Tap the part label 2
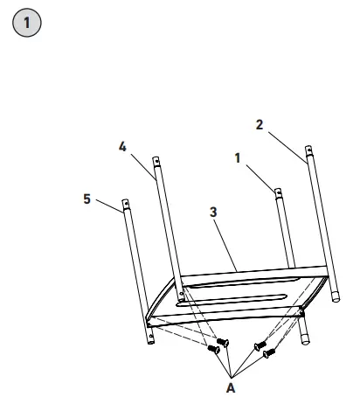tap(260, 124)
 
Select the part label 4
tap(122, 147)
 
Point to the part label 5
tap(87, 199)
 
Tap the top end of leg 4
tap(156, 161)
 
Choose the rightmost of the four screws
tap(270, 352)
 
